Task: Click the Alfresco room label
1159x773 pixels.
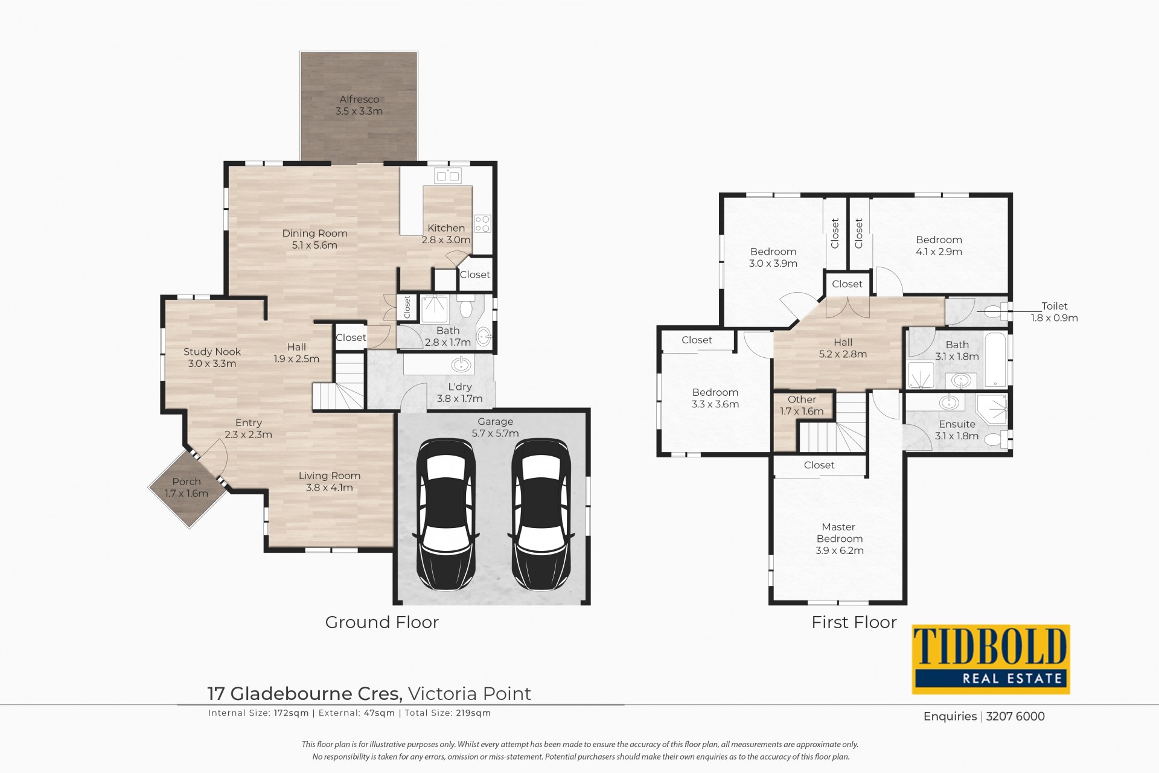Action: [x=359, y=100]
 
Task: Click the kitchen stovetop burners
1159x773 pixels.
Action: [x=482, y=223]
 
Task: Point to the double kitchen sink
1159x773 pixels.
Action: [x=447, y=176]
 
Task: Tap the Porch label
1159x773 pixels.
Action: [x=187, y=482]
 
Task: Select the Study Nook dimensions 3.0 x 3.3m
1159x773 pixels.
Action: [x=212, y=364]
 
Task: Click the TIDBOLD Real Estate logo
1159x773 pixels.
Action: [x=991, y=659]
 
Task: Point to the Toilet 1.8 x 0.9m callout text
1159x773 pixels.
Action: [x=1054, y=312]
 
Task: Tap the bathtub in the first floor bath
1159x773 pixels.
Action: [x=995, y=359]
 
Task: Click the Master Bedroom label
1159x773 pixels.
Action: [x=839, y=533]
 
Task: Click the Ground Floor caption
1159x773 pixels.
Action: [x=382, y=622]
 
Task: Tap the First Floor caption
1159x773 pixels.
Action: [x=854, y=622]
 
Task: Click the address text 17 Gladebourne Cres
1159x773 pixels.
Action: [x=305, y=694]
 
